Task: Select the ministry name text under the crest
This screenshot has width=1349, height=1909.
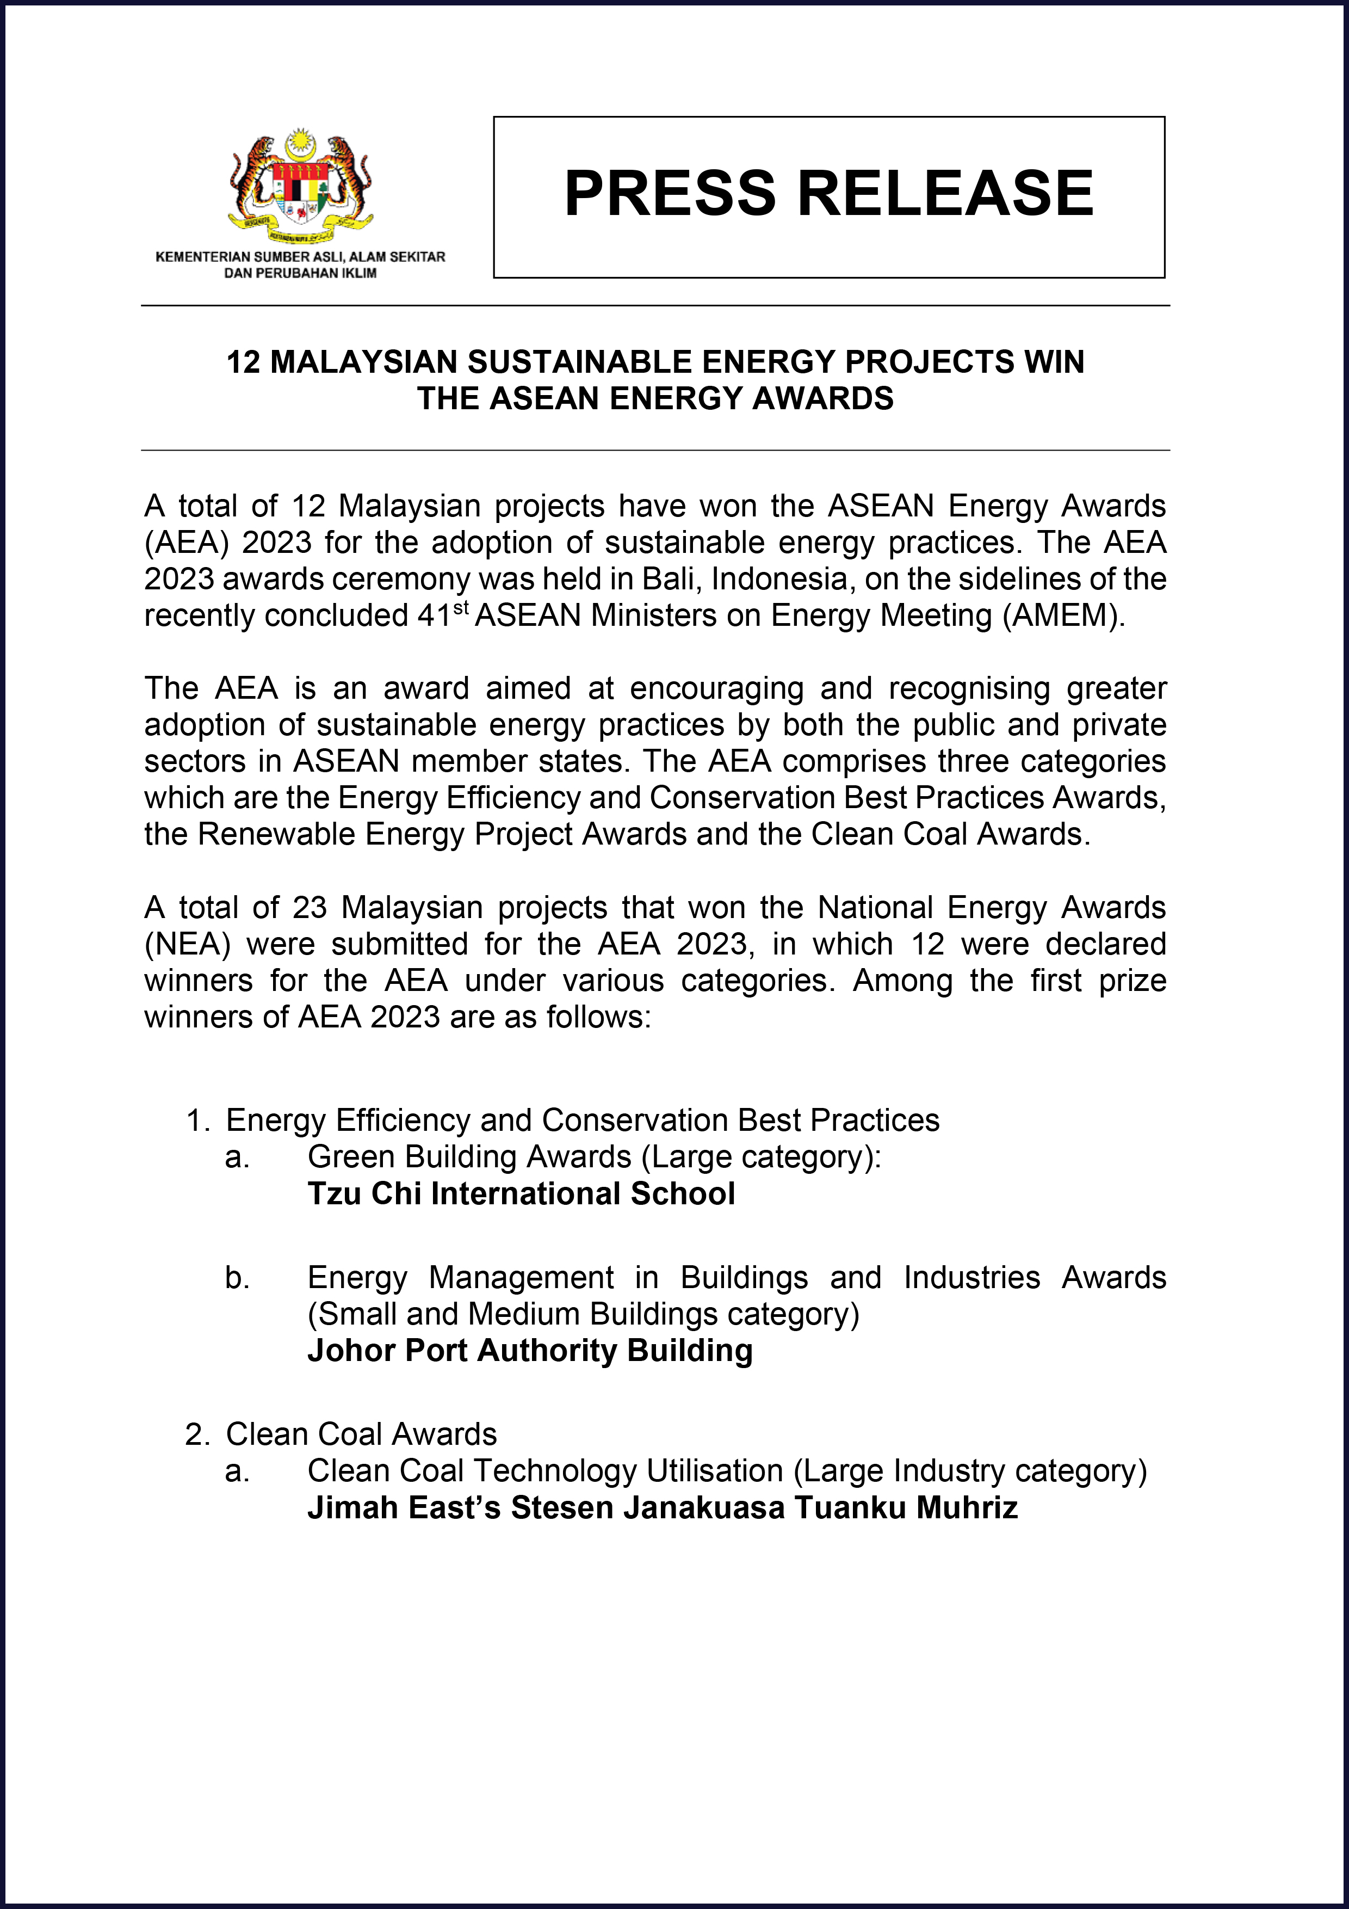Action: click(x=300, y=264)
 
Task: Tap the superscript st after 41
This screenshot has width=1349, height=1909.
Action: click(x=461, y=608)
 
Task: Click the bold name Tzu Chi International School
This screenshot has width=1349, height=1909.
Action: click(x=521, y=1193)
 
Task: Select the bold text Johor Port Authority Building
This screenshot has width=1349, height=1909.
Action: click(x=529, y=1350)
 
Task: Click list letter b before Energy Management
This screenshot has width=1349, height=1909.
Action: click(x=237, y=1278)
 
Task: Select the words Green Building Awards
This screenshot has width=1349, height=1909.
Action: click(x=469, y=1156)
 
